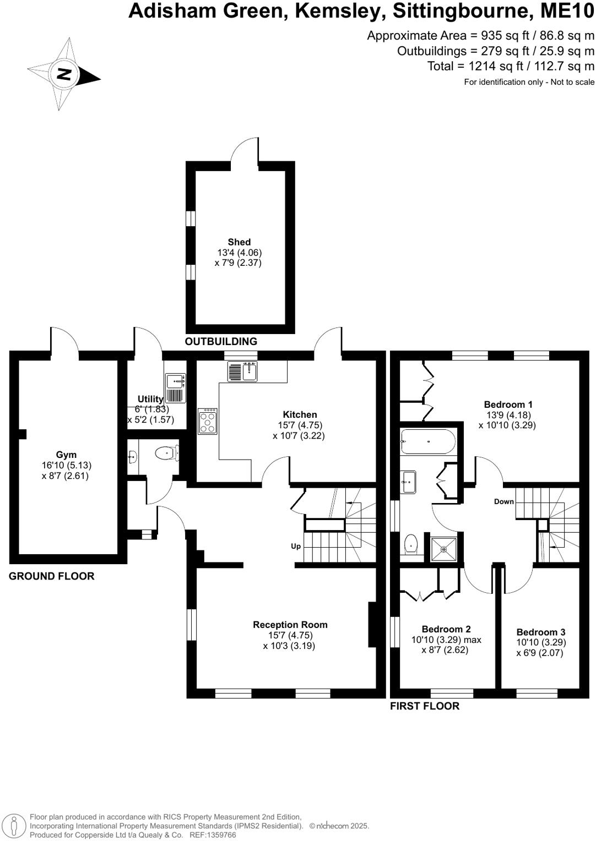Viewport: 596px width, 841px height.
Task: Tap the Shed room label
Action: (239, 242)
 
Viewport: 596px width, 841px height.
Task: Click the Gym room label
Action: (66, 455)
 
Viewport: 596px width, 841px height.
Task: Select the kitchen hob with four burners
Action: (208, 422)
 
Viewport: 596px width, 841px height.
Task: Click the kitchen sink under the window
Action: (242, 372)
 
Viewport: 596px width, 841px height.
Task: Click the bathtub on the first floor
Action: (428, 442)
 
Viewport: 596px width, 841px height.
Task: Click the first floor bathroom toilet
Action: (411, 544)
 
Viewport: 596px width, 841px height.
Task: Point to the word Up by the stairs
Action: (296, 547)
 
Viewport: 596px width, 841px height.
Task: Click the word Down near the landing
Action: (503, 501)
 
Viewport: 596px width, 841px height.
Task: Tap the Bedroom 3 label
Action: (540, 632)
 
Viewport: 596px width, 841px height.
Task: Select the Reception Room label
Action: (290, 625)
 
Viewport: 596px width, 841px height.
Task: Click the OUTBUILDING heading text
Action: (221, 342)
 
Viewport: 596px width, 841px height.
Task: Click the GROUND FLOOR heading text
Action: (52, 576)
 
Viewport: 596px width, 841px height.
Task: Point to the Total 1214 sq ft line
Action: (511, 66)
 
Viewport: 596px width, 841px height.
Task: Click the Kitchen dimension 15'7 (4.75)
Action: (300, 425)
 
